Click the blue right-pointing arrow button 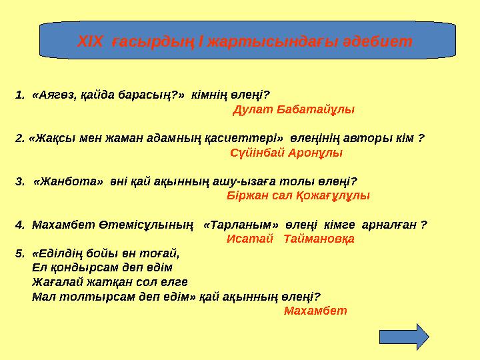403,337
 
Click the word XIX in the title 91,42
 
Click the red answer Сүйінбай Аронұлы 285,153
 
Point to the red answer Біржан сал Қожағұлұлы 298,196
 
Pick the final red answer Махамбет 315,311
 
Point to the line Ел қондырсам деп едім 102,267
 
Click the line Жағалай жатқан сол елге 105,281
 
